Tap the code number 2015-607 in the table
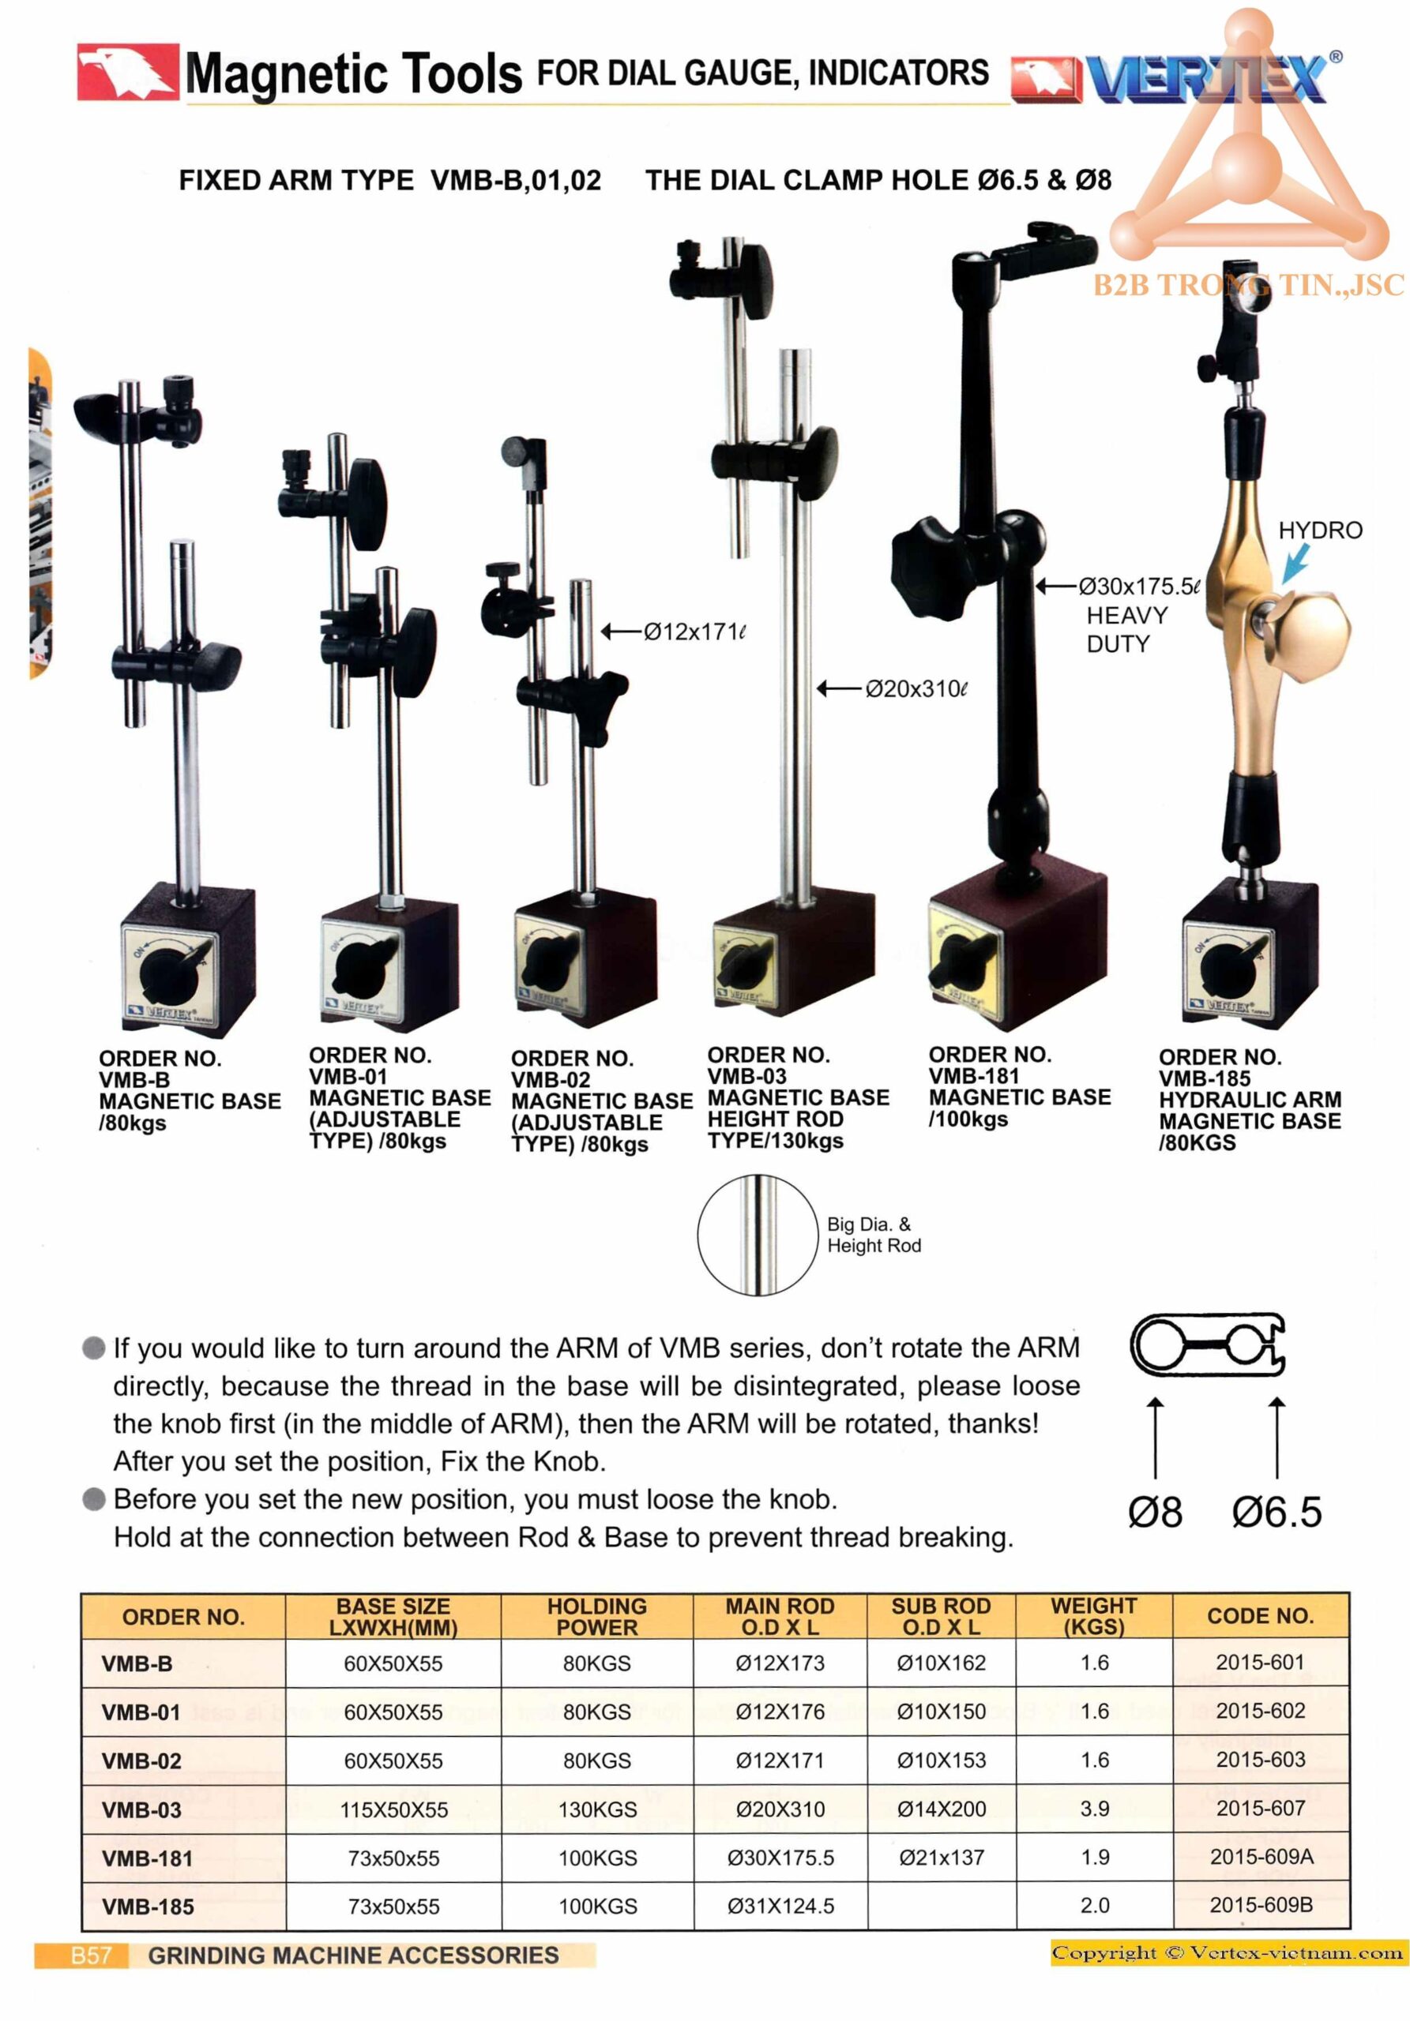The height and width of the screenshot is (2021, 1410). pyautogui.click(x=1259, y=1808)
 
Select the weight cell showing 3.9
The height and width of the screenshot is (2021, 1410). pyautogui.click(x=1094, y=1808)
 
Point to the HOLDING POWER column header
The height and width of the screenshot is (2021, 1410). pyautogui.click(x=596, y=1616)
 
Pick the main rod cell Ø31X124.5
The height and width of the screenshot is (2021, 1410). pyautogui.click(x=780, y=1906)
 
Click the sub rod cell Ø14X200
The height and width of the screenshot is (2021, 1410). pyautogui.click(x=941, y=1809)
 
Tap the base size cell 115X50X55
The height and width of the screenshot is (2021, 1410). pyautogui.click(x=393, y=1809)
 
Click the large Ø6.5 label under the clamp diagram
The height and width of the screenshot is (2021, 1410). pyautogui.click(x=1277, y=1513)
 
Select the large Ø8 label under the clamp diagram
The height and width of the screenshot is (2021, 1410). pyautogui.click(x=1155, y=1513)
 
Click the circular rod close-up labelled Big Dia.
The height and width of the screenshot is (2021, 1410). pyautogui.click(x=758, y=1234)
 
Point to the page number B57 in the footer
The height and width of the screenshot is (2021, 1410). pyautogui.click(x=91, y=1955)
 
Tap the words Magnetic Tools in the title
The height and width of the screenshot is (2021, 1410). pyautogui.click(x=353, y=74)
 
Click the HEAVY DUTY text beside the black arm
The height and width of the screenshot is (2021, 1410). pyautogui.click(x=1126, y=629)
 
